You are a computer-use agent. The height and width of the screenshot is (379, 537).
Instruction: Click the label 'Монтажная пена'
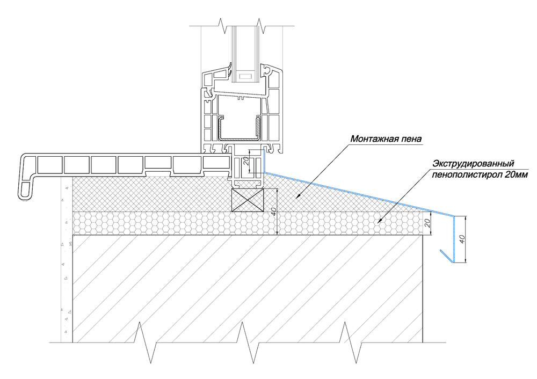[386, 139]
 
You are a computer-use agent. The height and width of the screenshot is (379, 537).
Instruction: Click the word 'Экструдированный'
[474, 163]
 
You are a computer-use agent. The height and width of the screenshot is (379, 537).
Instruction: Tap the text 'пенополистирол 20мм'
[480, 174]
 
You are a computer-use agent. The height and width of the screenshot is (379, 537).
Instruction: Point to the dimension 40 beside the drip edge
[462, 239]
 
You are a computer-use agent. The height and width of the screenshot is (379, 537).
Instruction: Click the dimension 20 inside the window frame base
[245, 161]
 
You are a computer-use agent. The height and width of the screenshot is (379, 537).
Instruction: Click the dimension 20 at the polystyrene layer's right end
[427, 224]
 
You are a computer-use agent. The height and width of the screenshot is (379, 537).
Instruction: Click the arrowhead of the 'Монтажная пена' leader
[297, 196]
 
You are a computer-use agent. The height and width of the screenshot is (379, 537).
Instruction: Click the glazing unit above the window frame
[245, 54]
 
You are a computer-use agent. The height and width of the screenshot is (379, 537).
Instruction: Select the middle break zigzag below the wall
[248, 342]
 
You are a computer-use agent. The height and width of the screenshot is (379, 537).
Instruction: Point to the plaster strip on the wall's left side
[67, 260]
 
